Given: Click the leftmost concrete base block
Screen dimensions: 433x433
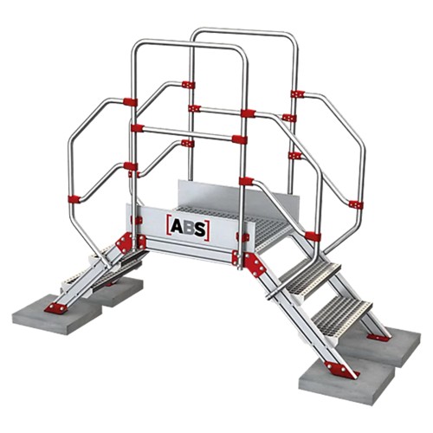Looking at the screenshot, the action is click(57, 314).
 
